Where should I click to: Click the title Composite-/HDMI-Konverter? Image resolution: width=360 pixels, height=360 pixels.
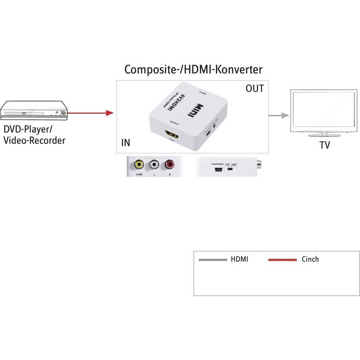coord(193,70)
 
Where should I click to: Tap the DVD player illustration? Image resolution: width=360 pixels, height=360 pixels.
coord(34,110)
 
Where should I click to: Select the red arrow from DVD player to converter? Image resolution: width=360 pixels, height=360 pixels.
coord(90,113)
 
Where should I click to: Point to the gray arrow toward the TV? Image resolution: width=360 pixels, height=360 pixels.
coord(279,115)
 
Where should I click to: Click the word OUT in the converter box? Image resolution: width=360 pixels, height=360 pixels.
coord(255,89)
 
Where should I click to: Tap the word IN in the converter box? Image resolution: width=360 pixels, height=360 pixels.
coord(126,143)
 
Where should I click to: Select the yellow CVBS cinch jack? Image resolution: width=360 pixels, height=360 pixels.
coord(139,164)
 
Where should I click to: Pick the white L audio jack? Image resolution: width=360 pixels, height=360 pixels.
coord(155,164)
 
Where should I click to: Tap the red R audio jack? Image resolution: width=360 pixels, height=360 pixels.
coord(170,164)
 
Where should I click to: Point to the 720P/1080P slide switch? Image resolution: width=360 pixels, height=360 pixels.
coord(230,170)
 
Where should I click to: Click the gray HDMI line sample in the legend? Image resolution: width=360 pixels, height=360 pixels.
coord(212,260)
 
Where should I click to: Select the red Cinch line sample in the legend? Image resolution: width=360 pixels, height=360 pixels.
coord(283,260)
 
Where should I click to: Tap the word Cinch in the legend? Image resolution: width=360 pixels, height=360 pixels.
coord(310,259)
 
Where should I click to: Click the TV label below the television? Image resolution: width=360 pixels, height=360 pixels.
coord(324,145)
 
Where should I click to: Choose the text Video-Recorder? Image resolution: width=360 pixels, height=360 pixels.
coord(34,140)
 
